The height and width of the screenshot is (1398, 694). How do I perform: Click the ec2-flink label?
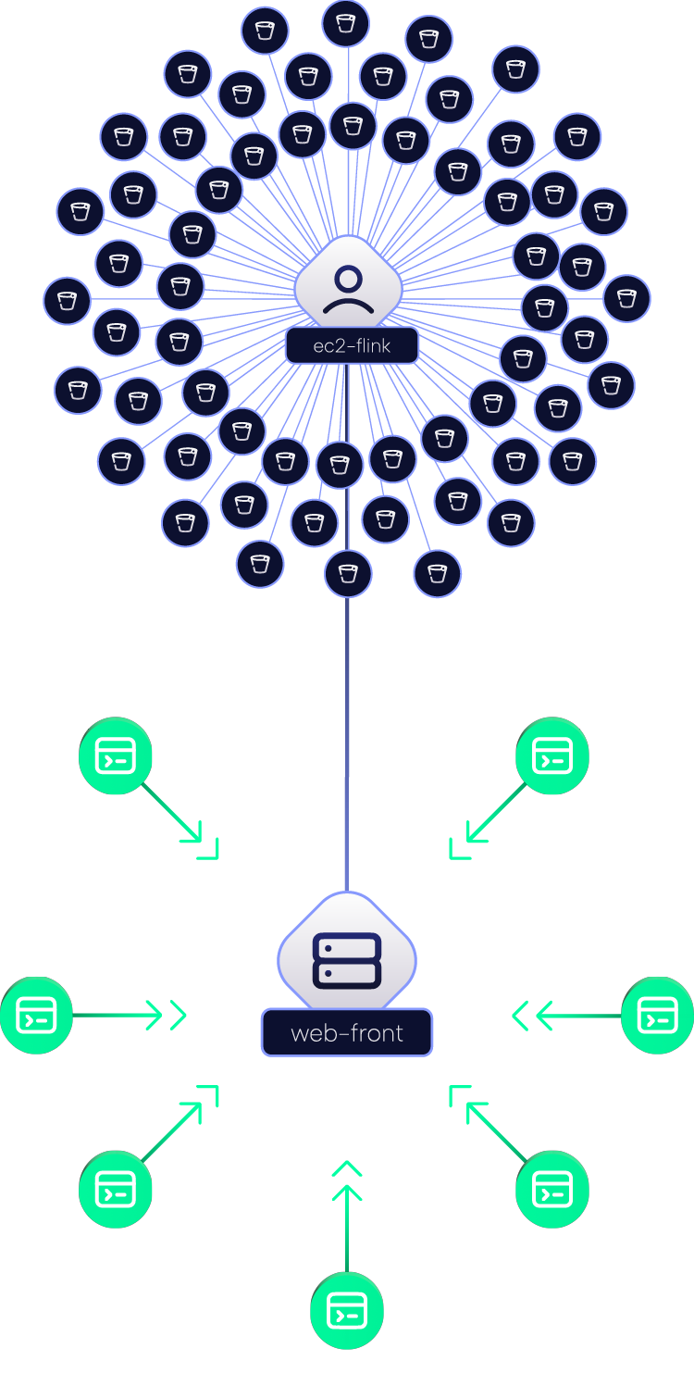pyautogui.click(x=352, y=345)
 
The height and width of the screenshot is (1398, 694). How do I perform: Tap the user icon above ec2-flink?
pyautogui.click(x=349, y=290)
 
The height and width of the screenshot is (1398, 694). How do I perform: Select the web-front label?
pyautogui.click(x=347, y=1033)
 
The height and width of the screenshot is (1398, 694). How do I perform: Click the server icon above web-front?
pyautogui.click(x=347, y=961)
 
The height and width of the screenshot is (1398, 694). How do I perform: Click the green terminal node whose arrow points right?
pyautogui.click(x=36, y=1016)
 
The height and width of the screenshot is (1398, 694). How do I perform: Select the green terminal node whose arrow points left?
pyautogui.click(x=658, y=1016)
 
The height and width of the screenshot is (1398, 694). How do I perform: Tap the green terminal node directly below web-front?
pyautogui.click(x=347, y=1311)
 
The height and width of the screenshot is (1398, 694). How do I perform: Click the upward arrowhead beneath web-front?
pyautogui.click(x=347, y=1168)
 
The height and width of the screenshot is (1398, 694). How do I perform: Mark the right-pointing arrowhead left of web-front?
pyautogui.click(x=179, y=1016)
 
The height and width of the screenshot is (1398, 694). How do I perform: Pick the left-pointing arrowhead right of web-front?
pyautogui.click(x=520, y=1016)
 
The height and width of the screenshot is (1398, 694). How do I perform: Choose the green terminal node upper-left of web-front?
pyautogui.click(x=116, y=755)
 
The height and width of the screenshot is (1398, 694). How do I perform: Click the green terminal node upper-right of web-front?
pyautogui.click(x=552, y=755)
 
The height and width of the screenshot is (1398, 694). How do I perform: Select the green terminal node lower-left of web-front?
pyautogui.click(x=116, y=1190)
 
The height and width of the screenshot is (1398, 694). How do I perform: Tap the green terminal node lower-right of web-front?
pyautogui.click(x=552, y=1190)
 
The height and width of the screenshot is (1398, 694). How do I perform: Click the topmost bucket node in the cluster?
pyautogui.click(x=345, y=24)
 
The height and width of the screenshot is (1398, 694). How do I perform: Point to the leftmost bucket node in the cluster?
pyautogui.click(x=67, y=301)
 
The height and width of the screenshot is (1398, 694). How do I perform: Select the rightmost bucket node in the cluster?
pyautogui.click(x=626, y=298)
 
